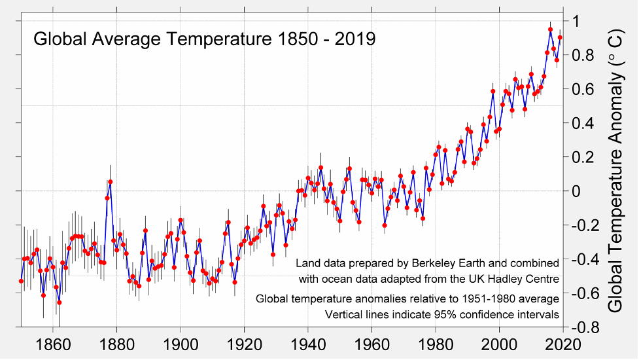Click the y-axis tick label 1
click(577, 21)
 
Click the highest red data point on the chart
click(550, 29)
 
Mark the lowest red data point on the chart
click(60, 302)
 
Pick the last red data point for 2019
click(560, 38)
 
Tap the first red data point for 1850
click(21, 281)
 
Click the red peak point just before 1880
click(111, 181)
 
